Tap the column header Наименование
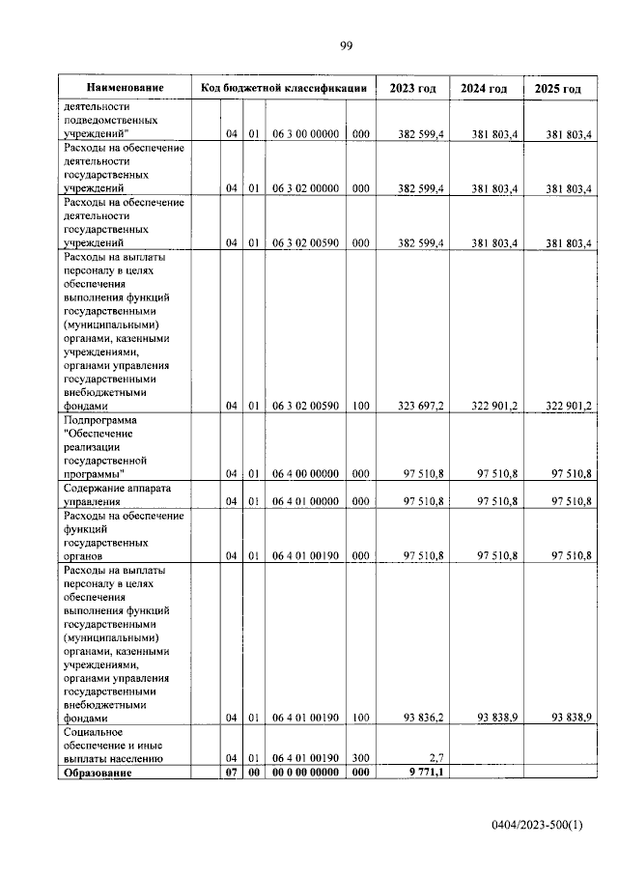pos(124,88)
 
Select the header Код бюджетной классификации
pos(283,88)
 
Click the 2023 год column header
pos(412,89)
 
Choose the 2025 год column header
pos(558,89)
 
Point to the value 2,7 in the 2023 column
pos(434,758)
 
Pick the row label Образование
pos(97,773)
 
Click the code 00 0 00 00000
pos(304,773)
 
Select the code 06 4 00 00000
pos(304,473)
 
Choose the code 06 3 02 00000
pos(304,189)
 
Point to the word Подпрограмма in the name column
pos(100,420)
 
